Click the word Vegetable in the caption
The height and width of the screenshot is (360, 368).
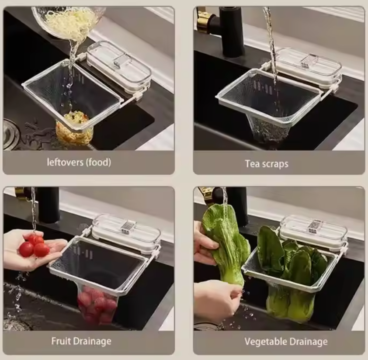263,342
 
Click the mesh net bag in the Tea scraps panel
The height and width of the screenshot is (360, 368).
270,129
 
